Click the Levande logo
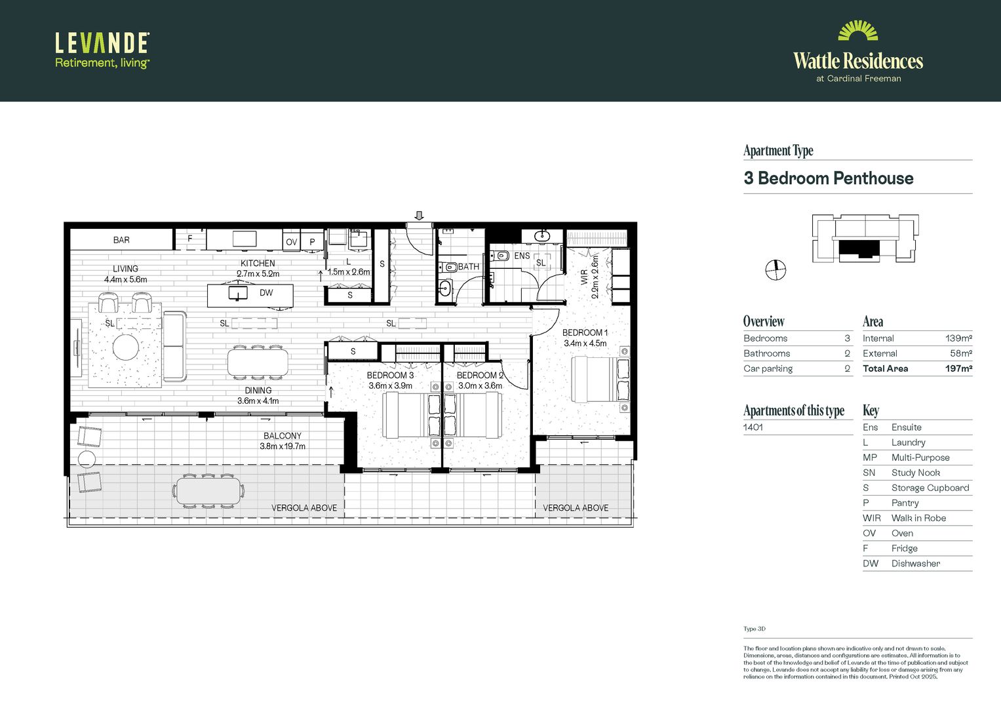click(x=102, y=50)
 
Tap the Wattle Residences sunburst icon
click(x=857, y=31)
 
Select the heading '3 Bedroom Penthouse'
click(x=828, y=178)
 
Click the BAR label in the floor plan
click(x=121, y=240)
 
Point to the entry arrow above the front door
click(x=420, y=216)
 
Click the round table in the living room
click(x=125, y=347)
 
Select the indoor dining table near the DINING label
click(x=258, y=363)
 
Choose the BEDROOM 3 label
click(x=390, y=376)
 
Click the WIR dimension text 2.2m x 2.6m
click(x=595, y=277)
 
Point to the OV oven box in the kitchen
click(x=291, y=242)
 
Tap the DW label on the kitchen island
click(x=266, y=293)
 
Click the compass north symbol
click(x=775, y=269)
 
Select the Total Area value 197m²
click(x=958, y=368)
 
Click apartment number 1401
click(x=753, y=427)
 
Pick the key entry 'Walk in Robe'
click(x=918, y=518)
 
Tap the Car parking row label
click(x=768, y=368)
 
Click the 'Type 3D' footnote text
click(x=754, y=629)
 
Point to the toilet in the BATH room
click(x=450, y=267)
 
